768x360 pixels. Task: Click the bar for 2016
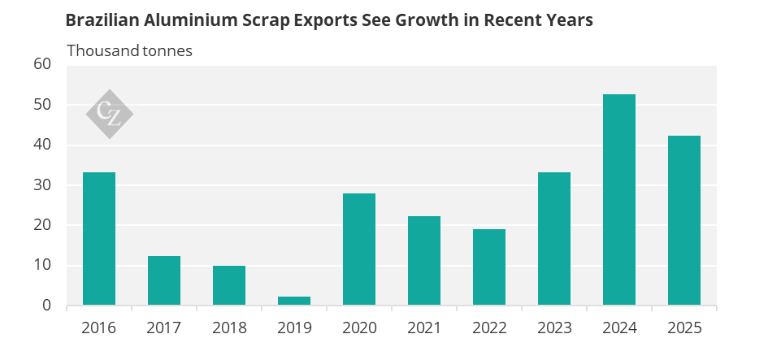tap(99, 239)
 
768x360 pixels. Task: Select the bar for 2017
tap(164, 280)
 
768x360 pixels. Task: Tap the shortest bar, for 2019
tap(294, 301)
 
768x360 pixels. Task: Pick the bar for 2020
tap(359, 249)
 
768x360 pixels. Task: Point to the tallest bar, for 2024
tap(619, 200)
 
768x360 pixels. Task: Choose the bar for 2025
tap(684, 220)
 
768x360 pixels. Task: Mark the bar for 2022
tap(489, 267)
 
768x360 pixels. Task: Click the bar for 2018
tap(229, 285)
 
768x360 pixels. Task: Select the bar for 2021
tap(424, 261)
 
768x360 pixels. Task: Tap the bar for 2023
tap(554, 239)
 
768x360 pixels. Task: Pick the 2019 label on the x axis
tap(294, 328)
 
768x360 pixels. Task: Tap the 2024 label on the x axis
tap(619, 328)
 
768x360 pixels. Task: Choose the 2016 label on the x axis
tap(99, 328)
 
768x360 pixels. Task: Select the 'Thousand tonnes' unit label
tap(129, 50)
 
